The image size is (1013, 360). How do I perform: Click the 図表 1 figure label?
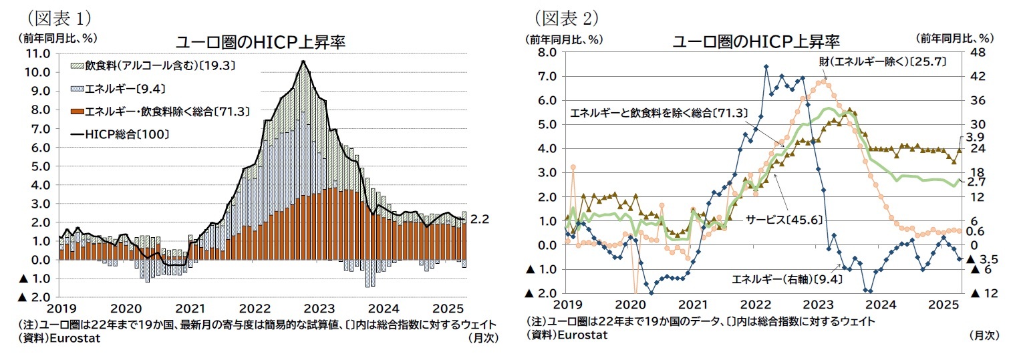58,17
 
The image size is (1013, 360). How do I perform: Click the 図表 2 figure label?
566,17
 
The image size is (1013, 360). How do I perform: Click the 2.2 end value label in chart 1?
479,218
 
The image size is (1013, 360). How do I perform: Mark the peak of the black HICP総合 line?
303,61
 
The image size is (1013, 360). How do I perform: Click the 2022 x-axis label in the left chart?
255,309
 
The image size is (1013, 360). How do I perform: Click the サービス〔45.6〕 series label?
784,218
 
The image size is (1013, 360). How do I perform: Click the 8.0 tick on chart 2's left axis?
547,53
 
